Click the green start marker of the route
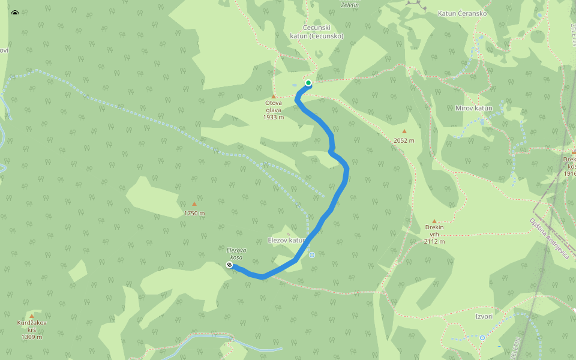(x=308, y=83)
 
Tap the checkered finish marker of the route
(x=229, y=265)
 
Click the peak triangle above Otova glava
(x=274, y=96)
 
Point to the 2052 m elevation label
(x=404, y=140)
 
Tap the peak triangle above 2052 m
(x=404, y=131)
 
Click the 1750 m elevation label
(x=194, y=213)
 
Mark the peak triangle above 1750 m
(x=194, y=204)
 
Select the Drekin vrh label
(x=434, y=234)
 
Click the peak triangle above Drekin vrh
(x=434, y=221)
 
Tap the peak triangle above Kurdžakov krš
(x=32, y=316)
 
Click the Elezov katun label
(x=287, y=240)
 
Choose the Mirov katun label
(x=473, y=108)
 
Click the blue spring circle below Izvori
(x=482, y=338)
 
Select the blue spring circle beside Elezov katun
(x=312, y=255)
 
